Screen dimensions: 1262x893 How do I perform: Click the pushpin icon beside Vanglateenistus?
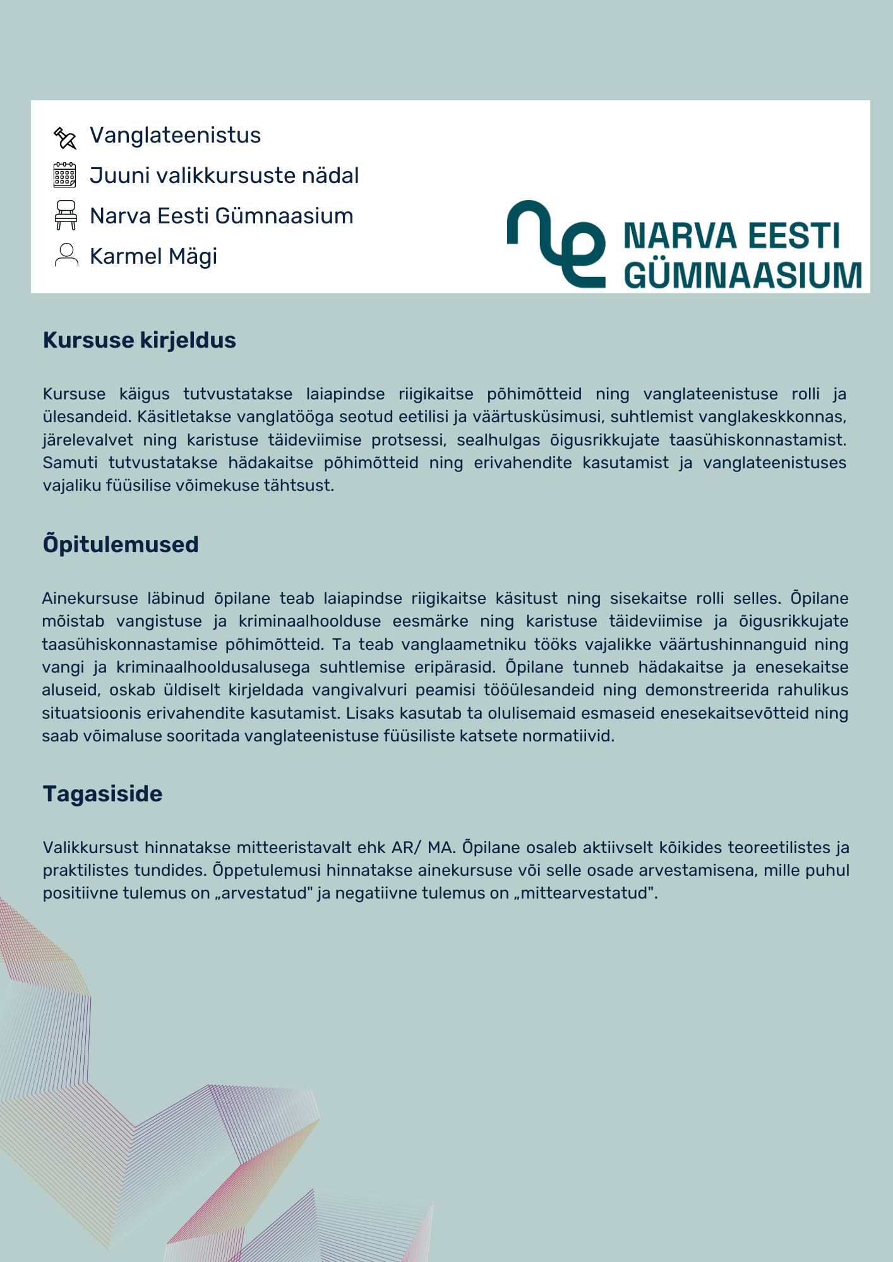[65, 138]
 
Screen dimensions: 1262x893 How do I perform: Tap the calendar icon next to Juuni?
[64, 175]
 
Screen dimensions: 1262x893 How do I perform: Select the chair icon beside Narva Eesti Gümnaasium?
[66, 215]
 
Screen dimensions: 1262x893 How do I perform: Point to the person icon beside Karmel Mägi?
[66, 255]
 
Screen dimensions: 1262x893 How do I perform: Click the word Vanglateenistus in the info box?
[175, 135]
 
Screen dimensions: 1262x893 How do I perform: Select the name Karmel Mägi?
[153, 256]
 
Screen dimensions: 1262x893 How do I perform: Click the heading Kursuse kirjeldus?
[139, 340]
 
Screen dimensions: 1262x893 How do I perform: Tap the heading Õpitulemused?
[121, 544]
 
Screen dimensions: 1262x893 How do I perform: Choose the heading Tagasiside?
[102, 793]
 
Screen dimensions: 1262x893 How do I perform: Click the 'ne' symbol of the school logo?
[556, 244]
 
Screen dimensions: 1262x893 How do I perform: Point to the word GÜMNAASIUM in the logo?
[743, 276]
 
